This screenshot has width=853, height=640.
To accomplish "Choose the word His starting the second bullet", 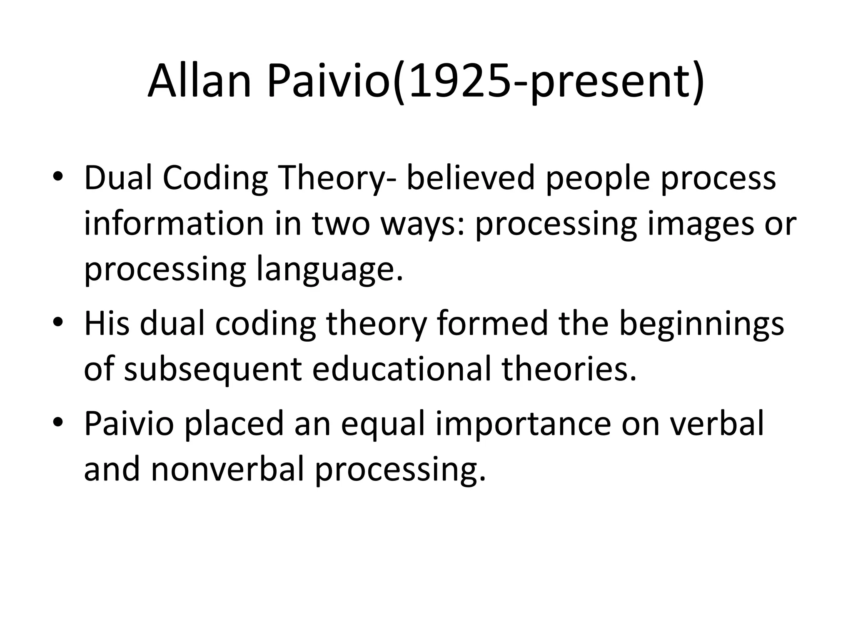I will coord(107,323).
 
